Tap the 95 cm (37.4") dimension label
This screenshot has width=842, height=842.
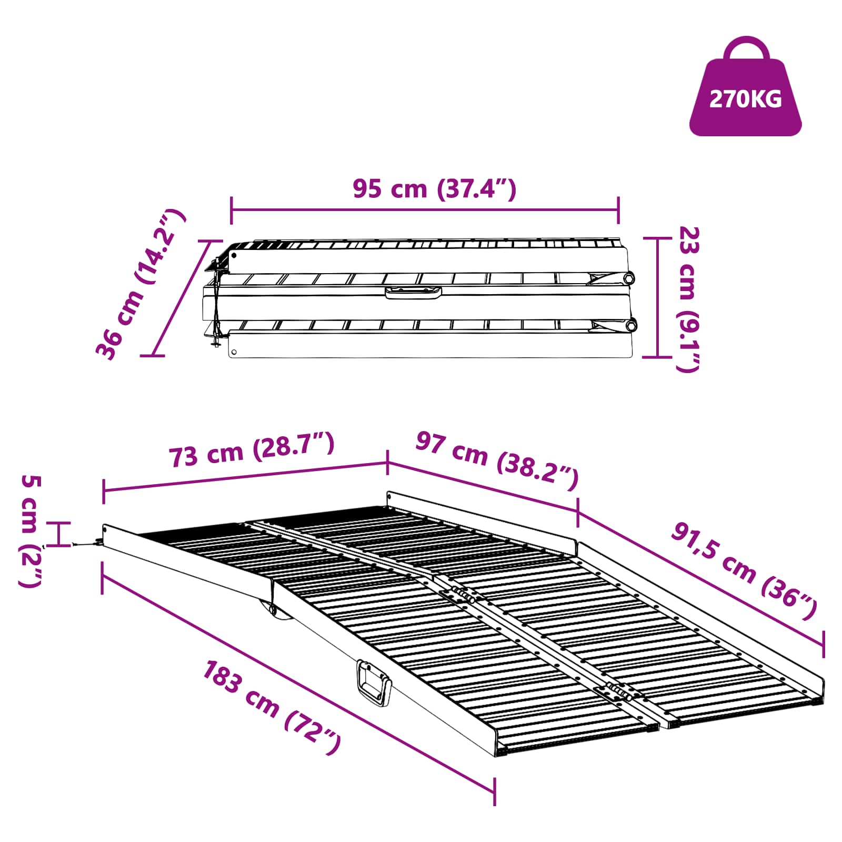[434, 189]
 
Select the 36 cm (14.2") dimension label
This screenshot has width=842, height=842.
[141, 285]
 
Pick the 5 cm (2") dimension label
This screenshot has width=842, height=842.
[31, 531]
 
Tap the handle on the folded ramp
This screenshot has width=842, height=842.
[413, 293]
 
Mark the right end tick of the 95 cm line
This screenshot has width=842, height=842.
[618, 210]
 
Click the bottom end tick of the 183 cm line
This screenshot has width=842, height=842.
[494, 792]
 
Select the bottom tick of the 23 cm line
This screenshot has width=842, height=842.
[658, 357]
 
